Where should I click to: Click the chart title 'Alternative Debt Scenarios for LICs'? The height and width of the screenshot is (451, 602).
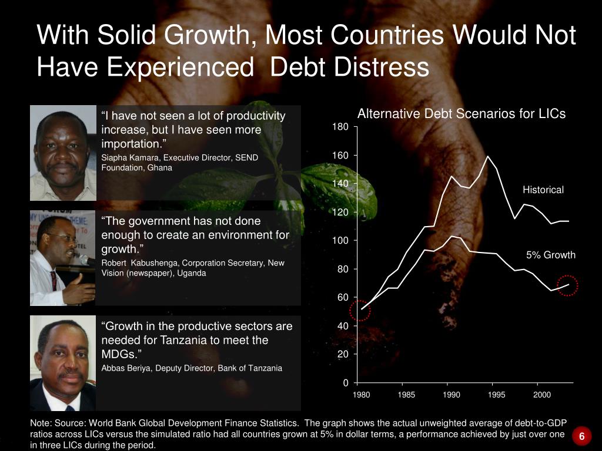pos(461,114)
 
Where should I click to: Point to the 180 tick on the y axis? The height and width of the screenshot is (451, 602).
pos(342,127)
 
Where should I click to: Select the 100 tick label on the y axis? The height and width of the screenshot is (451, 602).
pos(342,241)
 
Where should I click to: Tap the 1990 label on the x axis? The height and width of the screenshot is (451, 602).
pos(451,395)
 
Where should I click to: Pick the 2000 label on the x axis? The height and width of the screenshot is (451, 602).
pos(542,395)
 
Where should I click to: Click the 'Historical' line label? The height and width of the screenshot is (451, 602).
pos(543,190)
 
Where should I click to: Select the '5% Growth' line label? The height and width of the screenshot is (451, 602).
pos(550,255)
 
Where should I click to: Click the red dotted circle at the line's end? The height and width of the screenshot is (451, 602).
pos(567,286)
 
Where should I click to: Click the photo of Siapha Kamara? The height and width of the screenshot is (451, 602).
pos(63,153)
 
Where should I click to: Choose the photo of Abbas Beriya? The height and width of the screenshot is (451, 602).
pos(62,363)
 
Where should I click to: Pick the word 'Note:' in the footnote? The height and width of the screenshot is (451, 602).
pos(41,423)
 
